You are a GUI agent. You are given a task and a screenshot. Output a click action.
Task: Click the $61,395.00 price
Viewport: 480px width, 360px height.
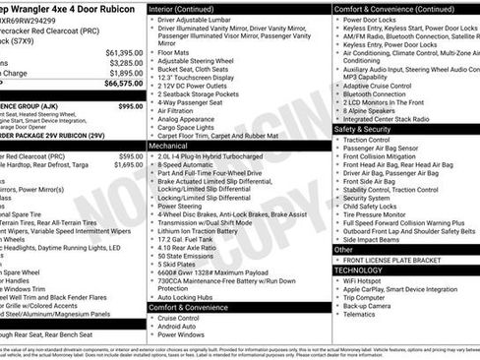pyautogui.click(x=124, y=51)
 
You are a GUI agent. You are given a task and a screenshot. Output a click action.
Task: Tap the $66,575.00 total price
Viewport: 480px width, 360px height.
pyautogui.click(x=124, y=85)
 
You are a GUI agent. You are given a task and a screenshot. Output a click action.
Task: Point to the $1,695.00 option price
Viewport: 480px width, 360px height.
pyautogui.click(x=127, y=165)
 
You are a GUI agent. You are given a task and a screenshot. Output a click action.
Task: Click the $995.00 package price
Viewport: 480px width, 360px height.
pyautogui.click(x=130, y=105)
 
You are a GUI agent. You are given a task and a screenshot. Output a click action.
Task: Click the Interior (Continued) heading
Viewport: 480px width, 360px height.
pyautogui.click(x=188, y=8)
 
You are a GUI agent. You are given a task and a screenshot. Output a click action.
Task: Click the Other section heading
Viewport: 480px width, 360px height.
pyautogui.click(x=346, y=249)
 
